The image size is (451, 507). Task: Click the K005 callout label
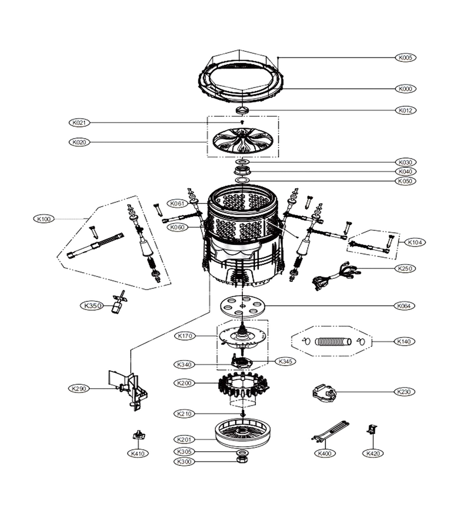tap(405, 57)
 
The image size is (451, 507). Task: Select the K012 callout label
tap(405, 110)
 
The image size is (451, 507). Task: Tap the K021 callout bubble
tap(79, 123)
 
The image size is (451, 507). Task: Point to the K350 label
tap(92, 305)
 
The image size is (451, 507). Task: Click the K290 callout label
tap(79, 388)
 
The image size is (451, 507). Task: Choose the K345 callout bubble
tap(285, 361)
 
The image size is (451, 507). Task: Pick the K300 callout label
tap(184, 461)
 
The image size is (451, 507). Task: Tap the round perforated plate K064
tap(242, 305)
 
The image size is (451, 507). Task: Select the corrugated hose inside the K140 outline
tap(333, 341)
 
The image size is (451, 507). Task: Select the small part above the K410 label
tap(139, 435)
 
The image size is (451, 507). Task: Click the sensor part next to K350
tap(118, 302)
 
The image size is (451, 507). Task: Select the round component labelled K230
tap(323, 393)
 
